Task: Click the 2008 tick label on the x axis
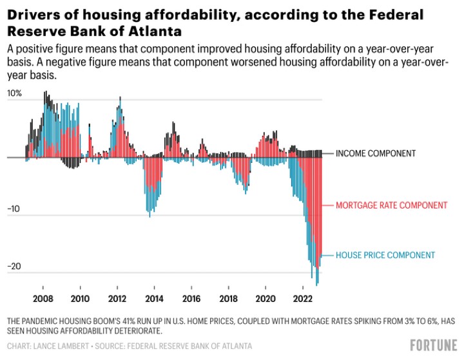[x=43, y=299]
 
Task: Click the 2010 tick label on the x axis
[x=80, y=299]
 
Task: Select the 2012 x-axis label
[x=117, y=299]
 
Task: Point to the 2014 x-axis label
[x=153, y=299]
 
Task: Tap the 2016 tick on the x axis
[x=191, y=299]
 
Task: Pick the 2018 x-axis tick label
[x=227, y=299]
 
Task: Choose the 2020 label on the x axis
[x=265, y=299]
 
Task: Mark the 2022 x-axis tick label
[x=302, y=299]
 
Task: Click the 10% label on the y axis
[x=14, y=93]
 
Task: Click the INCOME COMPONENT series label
[x=376, y=153]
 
